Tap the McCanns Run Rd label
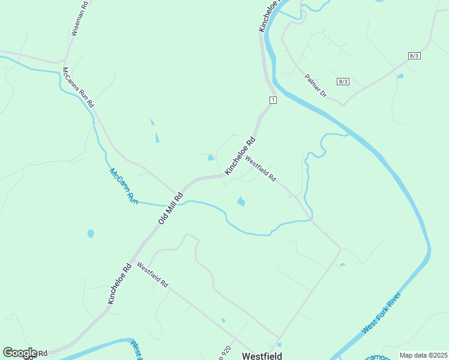point(79,87)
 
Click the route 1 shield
point(273,100)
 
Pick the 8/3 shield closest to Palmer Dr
point(343,82)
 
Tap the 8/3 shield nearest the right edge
point(414,55)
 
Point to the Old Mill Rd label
point(170,208)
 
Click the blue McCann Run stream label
point(124,187)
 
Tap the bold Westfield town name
point(262,355)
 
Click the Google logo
point(20,353)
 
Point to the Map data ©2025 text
point(423,355)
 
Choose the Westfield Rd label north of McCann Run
point(261,170)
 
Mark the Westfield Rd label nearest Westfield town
point(152,275)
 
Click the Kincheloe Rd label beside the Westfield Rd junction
point(240,156)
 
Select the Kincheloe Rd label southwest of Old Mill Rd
point(119,284)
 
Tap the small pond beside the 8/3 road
point(400,76)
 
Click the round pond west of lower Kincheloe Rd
point(91,233)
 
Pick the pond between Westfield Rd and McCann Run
point(241,202)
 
